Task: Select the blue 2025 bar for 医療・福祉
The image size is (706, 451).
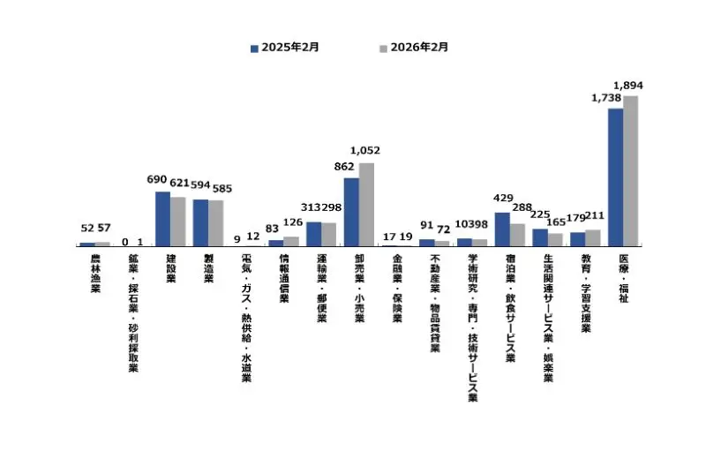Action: coord(615,177)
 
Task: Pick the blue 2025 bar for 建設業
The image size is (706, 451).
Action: coord(162,218)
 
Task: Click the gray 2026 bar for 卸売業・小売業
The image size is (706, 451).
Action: coord(366,204)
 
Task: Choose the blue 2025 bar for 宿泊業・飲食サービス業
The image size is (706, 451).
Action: coord(501,229)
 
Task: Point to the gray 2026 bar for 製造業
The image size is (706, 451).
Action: coord(215,222)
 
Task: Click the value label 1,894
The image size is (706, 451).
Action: coord(628,85)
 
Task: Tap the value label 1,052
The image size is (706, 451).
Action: coord(364,151)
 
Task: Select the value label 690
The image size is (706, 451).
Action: coord(157,179)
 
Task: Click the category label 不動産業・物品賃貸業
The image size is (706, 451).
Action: coord(435,304)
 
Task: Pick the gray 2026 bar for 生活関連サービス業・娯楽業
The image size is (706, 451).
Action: coord(555,238)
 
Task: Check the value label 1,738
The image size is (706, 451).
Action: coord(607,98)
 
